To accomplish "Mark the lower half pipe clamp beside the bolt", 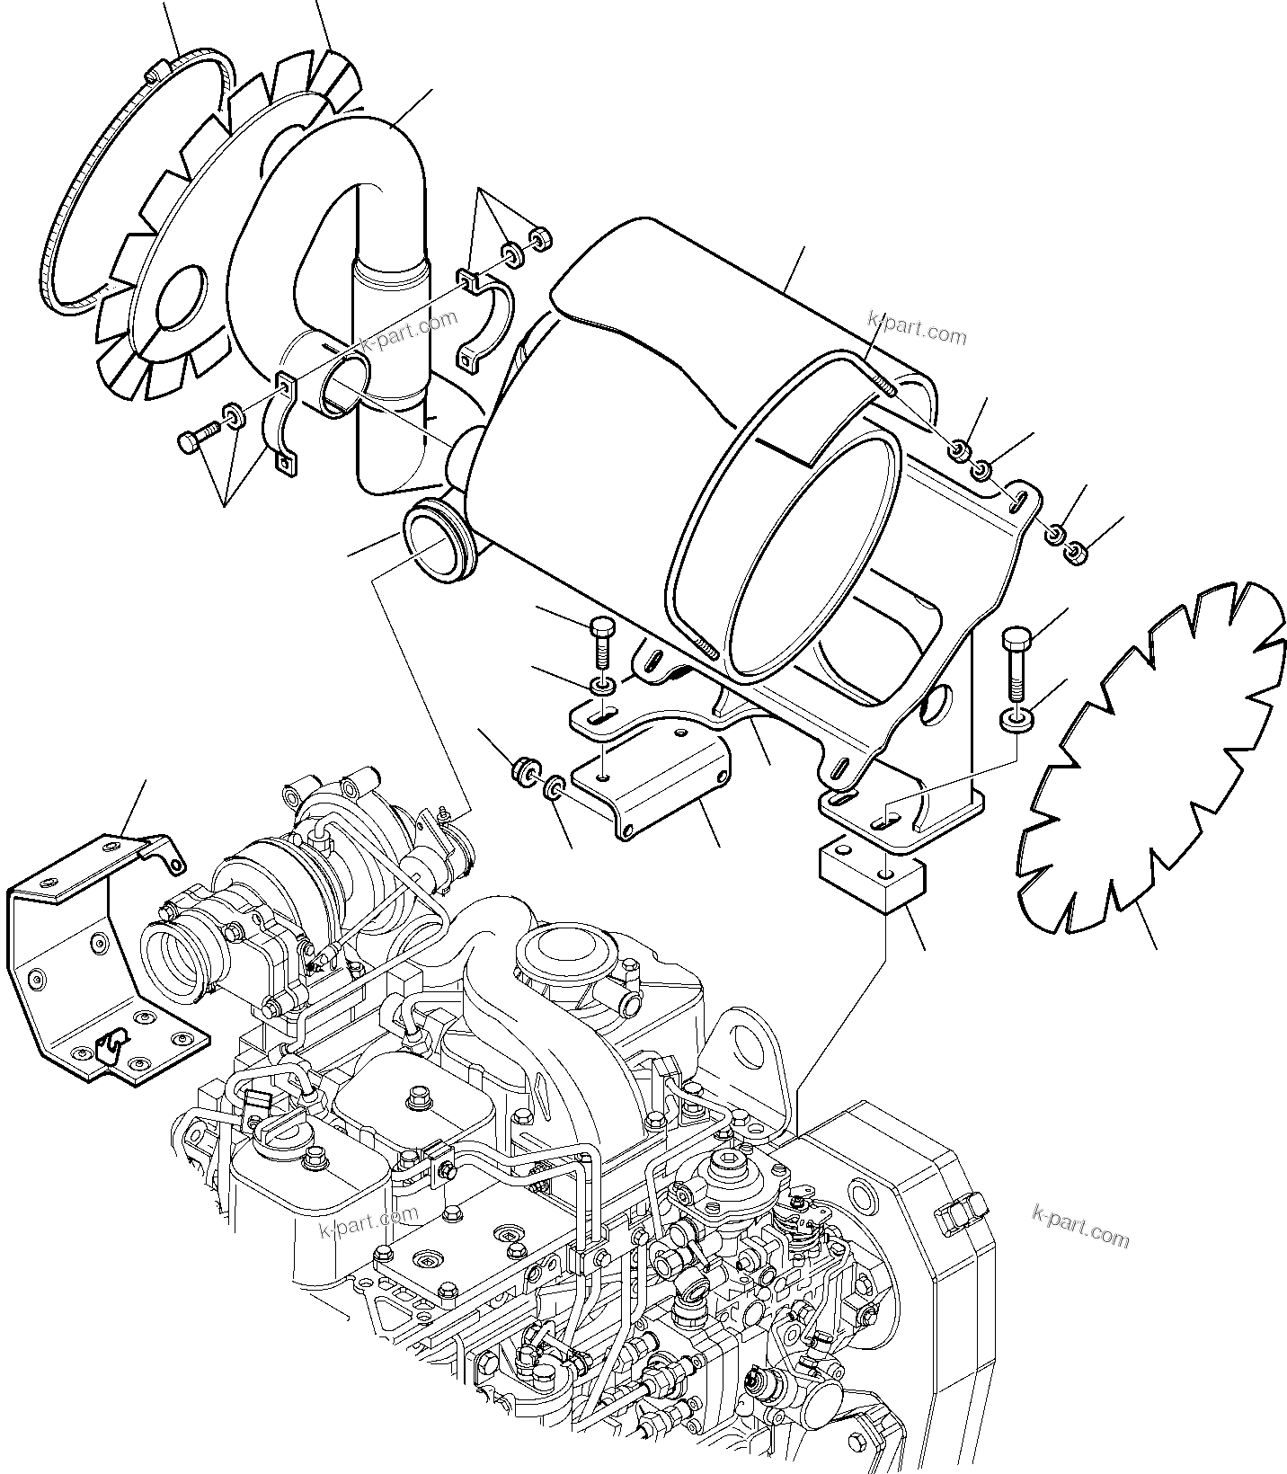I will (x=281, y=422).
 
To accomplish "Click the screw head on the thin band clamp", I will (x=156, y=69).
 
